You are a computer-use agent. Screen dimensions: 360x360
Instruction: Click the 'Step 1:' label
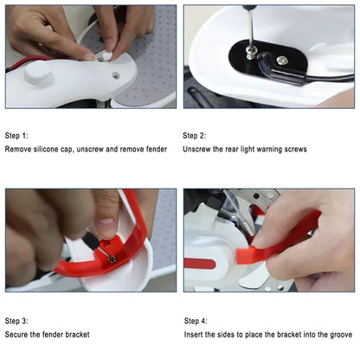[16, 136]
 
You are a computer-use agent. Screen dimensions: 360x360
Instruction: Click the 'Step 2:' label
[195, 136]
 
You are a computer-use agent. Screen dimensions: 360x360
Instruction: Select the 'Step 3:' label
[16, 320]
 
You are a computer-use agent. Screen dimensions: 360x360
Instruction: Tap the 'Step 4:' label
[196, 320]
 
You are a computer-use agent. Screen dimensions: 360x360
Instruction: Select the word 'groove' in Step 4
[337, 334]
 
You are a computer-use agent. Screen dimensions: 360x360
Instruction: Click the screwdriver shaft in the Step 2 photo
[248, 30]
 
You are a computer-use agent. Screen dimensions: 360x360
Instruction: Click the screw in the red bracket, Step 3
[112, 257]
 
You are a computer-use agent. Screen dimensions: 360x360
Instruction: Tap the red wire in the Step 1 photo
[26, 61]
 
